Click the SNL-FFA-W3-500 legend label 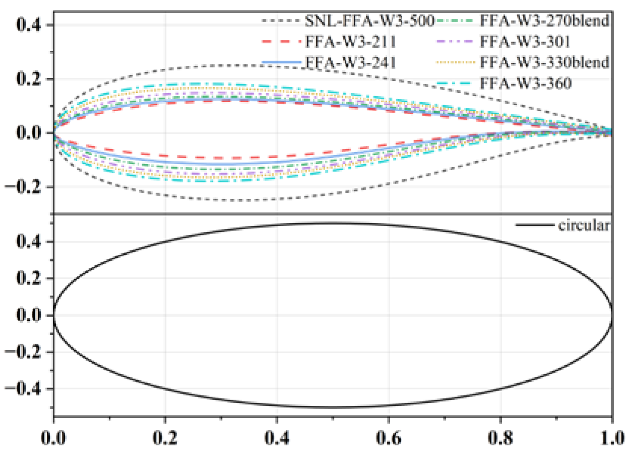370,21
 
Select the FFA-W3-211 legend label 350,42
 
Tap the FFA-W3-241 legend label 350,62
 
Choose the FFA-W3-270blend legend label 544,21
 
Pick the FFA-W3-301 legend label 525,42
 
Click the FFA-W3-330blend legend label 544,62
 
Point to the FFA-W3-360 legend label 526,83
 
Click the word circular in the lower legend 583,226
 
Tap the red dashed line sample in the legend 281,42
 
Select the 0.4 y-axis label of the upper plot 29,25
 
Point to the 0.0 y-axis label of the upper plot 29,133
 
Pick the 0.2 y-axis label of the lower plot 29,278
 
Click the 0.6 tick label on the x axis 389,438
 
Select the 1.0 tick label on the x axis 612,438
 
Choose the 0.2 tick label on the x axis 165,438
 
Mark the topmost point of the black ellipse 333,223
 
